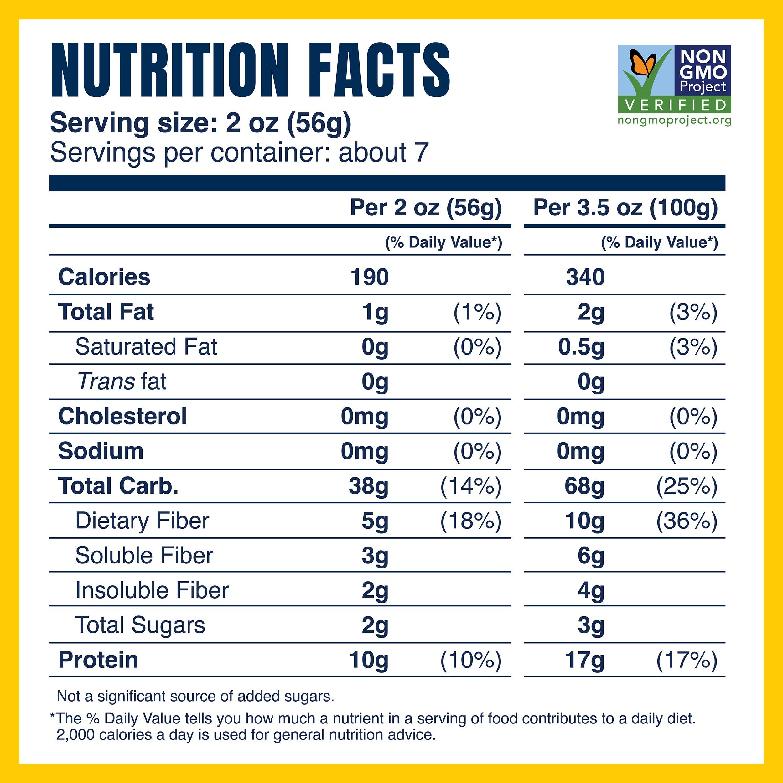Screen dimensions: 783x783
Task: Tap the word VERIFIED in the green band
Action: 676,105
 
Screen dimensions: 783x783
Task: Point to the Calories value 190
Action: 369,277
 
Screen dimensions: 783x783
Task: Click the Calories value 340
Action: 585,277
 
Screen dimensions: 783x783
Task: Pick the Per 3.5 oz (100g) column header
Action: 625,208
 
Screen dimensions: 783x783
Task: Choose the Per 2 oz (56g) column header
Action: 426,208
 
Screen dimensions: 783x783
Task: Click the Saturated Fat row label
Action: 146,347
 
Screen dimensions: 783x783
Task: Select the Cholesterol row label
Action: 122,416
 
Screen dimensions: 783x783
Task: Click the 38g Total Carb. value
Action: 368,486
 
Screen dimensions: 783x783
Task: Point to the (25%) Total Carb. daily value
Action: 687,486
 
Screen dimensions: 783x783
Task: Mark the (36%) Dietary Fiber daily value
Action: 687,521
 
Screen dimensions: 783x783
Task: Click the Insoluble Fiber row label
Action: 152,590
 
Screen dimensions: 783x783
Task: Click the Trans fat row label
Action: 122,381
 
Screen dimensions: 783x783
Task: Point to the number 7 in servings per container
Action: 422,153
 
